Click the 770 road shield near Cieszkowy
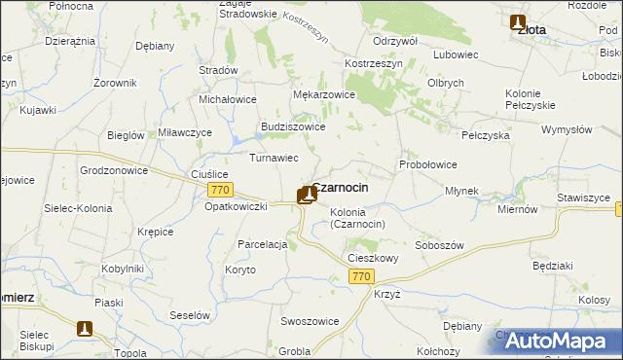tap(361, 277)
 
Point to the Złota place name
tap(531, 30)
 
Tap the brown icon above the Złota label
tap(517, 22)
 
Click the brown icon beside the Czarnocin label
tap(307, 194)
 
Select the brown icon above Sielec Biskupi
tap(85, 329)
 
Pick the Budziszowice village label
tap(293, 126)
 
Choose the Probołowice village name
tap(428, 164)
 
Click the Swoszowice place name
tap(310, 321)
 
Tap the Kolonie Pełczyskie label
tap(530, 98)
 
